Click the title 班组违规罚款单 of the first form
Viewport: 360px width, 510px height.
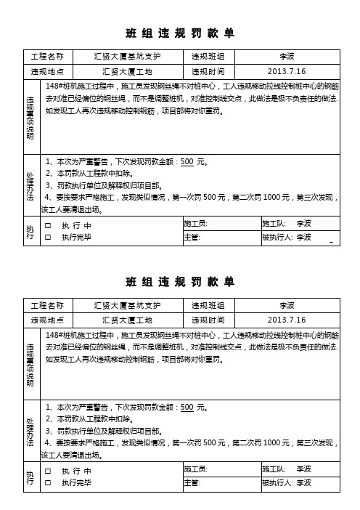pyautogui.click(x=179, y=33)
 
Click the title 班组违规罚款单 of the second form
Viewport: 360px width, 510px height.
pyautogui.click(x=179, y=280)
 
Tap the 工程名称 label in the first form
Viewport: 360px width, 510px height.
pyautogui.click(x=47, y=56)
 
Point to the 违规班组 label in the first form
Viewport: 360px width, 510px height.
pyautogui.click(x=207, y=56)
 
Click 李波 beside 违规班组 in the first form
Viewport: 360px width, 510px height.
pyautogui.click(x=287, y=56)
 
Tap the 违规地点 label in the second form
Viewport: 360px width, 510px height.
pyautogui.click(x=47, y=319)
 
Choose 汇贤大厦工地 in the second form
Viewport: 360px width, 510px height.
pyautogui.click(x=127, y=319)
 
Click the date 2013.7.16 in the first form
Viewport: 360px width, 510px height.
pyautogui.click(x=287, y=72)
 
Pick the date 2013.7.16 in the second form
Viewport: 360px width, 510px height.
pyautogui.click(x=287, y=319)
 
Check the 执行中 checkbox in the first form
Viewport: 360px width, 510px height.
pyautogui.click(x=48, y=225)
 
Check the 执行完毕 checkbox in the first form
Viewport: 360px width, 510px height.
pyautogui.click(x=48, y=236)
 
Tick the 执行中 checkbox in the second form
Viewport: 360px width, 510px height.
pyautogui.click(x=48, y=472)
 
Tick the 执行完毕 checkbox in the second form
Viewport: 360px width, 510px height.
pyautogui.click(x=48, y=482)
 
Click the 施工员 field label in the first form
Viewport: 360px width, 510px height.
pyautogui.click(x=196, y=223)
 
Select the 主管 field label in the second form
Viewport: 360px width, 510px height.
pyautogui.click(x=192, y=482)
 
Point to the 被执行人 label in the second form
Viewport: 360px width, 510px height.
pyautogui.click(x=277, y=482)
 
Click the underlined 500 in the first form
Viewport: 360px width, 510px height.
pyautogui.click(x=187, y=162)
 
